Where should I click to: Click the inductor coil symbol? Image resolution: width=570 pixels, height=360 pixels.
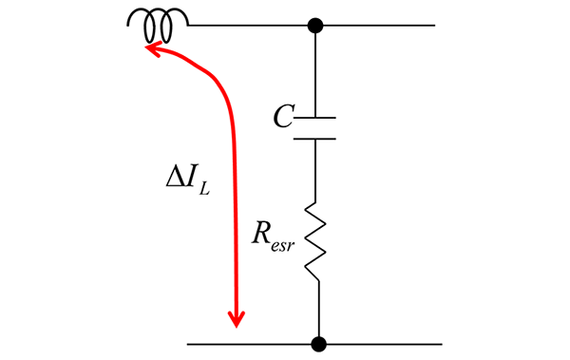[159, 26]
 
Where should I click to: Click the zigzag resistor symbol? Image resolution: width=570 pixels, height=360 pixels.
[316, 242]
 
